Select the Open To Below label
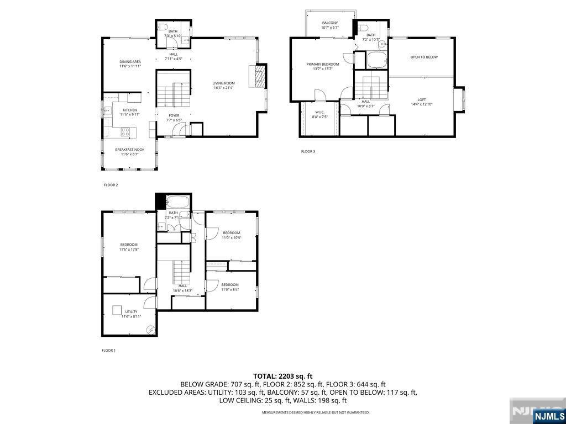click(x=424, y=57)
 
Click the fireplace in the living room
click(x=257, y=77)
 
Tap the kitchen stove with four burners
click(x=125, y=131)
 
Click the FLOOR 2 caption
click(x=111, y=185)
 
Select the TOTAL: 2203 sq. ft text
click(x=283, y=376)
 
